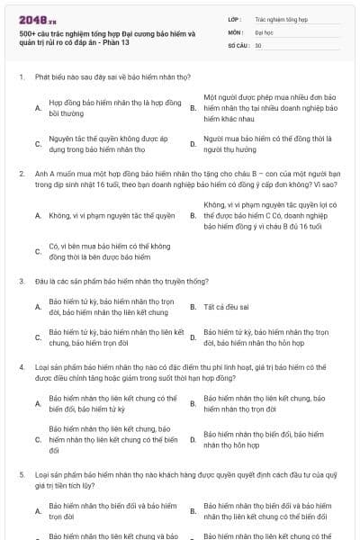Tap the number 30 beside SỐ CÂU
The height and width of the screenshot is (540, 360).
[258, 44]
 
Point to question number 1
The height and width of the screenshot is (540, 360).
[21, 77]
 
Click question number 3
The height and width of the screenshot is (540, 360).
[21, 282]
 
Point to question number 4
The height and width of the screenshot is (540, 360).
[21, 368]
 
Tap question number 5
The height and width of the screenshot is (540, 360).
[21, 474]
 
